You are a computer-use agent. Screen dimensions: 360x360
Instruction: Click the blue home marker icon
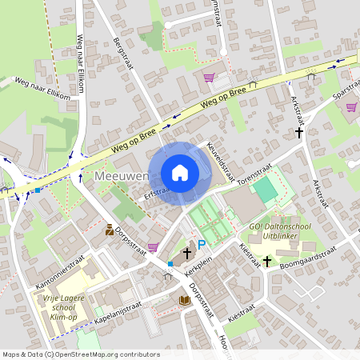180,173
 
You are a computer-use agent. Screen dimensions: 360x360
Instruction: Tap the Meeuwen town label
119,175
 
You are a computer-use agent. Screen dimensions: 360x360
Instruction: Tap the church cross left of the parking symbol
186,253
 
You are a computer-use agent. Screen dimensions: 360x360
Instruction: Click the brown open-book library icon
185,300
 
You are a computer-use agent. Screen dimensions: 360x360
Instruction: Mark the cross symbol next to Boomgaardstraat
267,261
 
